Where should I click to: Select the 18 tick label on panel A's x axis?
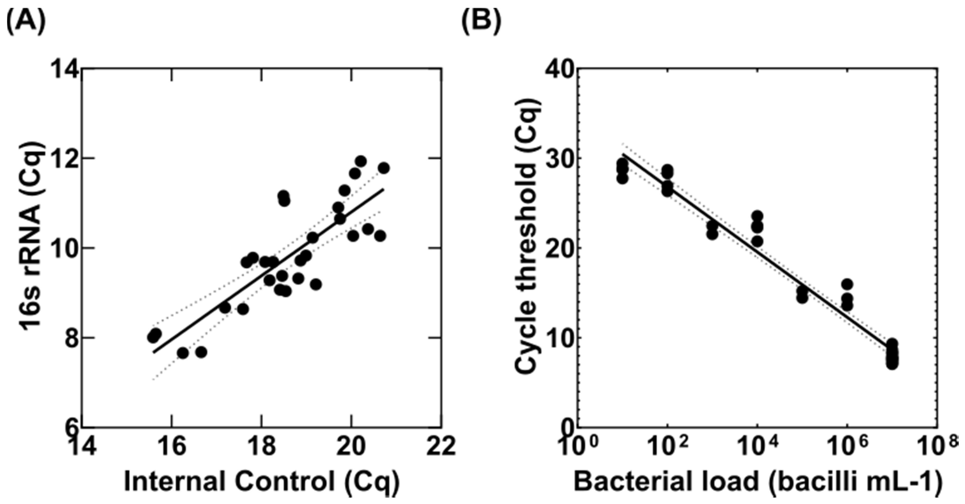pyautogui.click(x=261, y=446)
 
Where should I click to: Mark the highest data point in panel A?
pyautogui.click(x=360, y=161)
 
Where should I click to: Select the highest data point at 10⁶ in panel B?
pyautogui.click(x=847, y=285)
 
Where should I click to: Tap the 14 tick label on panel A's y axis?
pyautogui.click(x=67, y=69)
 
